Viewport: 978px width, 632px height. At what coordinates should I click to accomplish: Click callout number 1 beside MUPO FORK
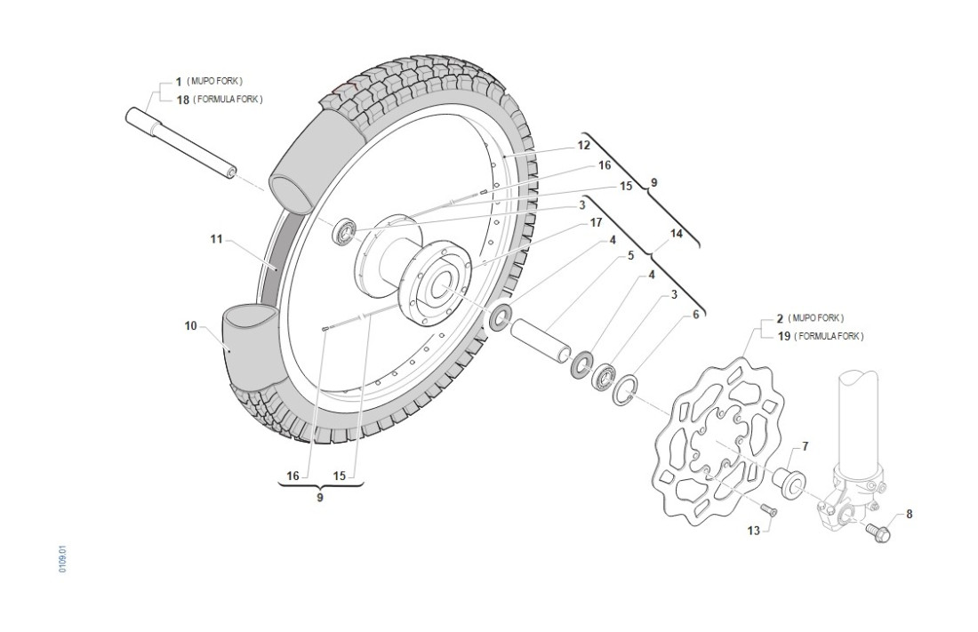coord(179,82)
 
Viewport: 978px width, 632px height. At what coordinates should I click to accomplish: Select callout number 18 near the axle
coord(182,100)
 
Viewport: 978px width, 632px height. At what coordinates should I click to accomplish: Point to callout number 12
coord(583,144)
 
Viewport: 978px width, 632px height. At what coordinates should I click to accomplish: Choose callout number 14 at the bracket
coord(677,235)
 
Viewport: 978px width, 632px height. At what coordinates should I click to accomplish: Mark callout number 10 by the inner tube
coord(191,326)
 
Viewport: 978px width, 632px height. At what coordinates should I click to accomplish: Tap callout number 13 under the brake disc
coord(754,531)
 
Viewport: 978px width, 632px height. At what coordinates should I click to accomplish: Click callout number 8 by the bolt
coord(909,514)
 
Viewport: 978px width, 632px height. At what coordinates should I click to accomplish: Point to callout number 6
coord(696,314)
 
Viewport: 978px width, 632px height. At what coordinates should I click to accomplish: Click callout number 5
coord(630,256)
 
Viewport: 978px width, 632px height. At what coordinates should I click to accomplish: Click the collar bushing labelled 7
coord(788,479)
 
